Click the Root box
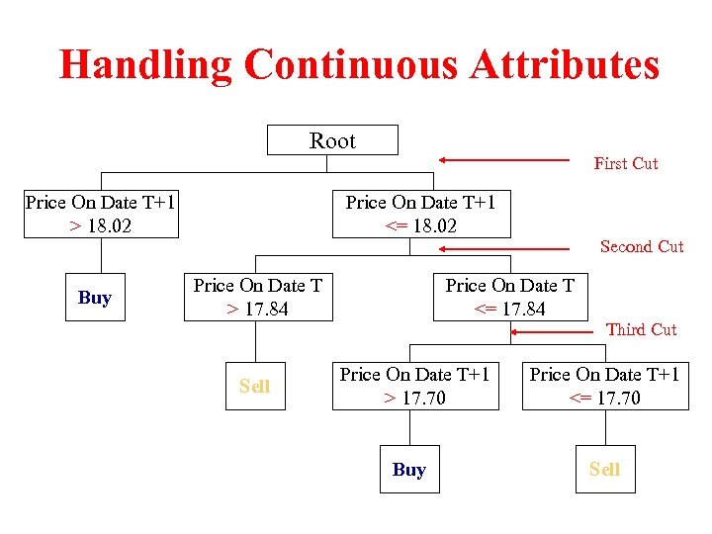(332, 140)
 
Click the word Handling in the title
(145, 65)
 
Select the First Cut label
(625, 163)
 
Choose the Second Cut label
(641, 246)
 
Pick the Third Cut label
(641, 329)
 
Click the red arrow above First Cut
(504, 158)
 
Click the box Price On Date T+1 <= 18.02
(420, 215)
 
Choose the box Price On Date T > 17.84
(257, 298)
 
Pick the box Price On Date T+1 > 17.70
(414, 386)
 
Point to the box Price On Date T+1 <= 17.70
(604, 386)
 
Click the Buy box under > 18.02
(95, 298)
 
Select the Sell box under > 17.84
(254, 386)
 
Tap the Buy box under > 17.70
(408, 470)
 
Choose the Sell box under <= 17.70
(604, 470)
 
